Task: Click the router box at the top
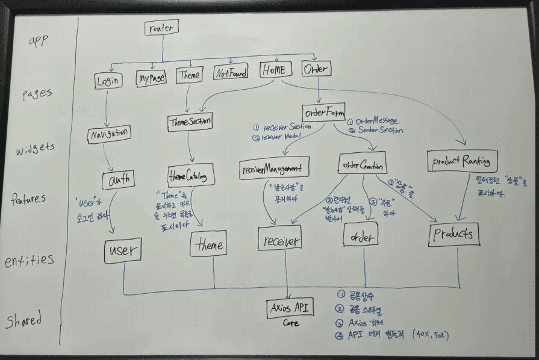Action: click(161, 28)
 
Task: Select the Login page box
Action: click(108, 79)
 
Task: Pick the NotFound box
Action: click(231, 74)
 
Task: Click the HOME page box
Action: click(276, 70)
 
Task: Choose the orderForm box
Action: click(325, 112)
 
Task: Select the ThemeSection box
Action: click(189, 122)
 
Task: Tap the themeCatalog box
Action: click(187, 178)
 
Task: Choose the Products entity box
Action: click(455, 235)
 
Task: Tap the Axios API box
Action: click(291, 308)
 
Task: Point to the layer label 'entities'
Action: click(30, 261)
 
